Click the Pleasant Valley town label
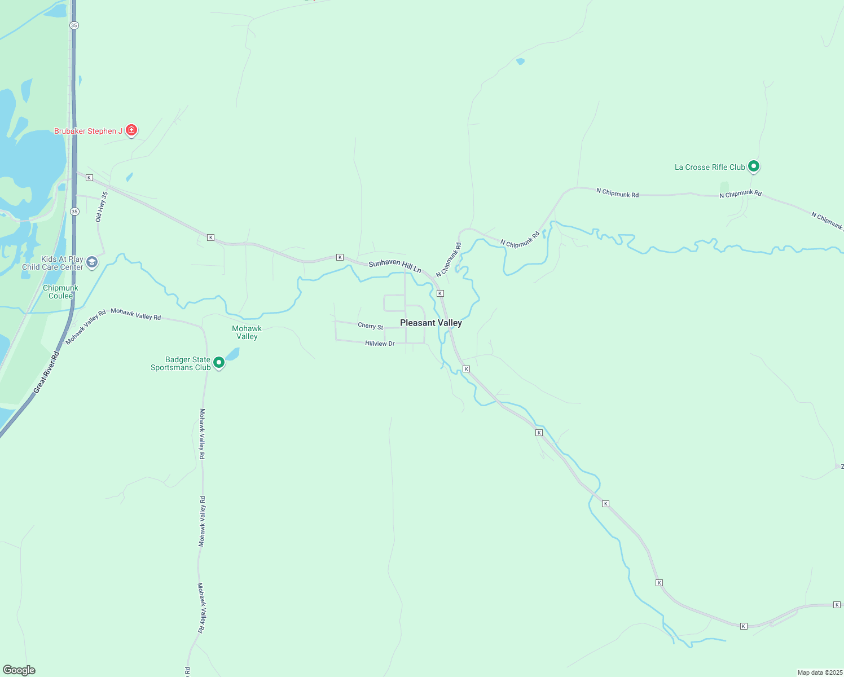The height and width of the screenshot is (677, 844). [431, 323]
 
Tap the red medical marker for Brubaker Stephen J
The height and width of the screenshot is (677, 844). [131, 130]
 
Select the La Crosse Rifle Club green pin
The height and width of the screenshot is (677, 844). [753, 166]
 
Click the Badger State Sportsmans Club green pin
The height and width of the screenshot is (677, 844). [219, 362]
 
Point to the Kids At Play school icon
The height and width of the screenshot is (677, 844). [92, 262]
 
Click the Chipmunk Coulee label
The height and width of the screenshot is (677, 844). [60, 292]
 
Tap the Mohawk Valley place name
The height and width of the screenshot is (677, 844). [247, 332]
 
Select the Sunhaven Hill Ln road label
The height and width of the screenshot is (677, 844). [395, 266]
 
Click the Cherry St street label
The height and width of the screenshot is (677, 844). [370, 326]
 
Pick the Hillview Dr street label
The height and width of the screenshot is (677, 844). [380, 343]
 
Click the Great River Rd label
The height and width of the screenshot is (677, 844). [46, 372]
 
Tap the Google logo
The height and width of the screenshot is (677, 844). [19, 670]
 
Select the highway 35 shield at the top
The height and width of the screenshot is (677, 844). [74, 25]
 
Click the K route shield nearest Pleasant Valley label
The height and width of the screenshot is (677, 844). [440, 293]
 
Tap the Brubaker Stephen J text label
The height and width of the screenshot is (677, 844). [88, 131]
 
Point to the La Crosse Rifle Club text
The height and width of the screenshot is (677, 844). [710, 167]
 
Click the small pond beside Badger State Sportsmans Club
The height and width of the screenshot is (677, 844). [232, 354]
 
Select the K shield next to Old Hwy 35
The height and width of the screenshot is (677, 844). [89, 178]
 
